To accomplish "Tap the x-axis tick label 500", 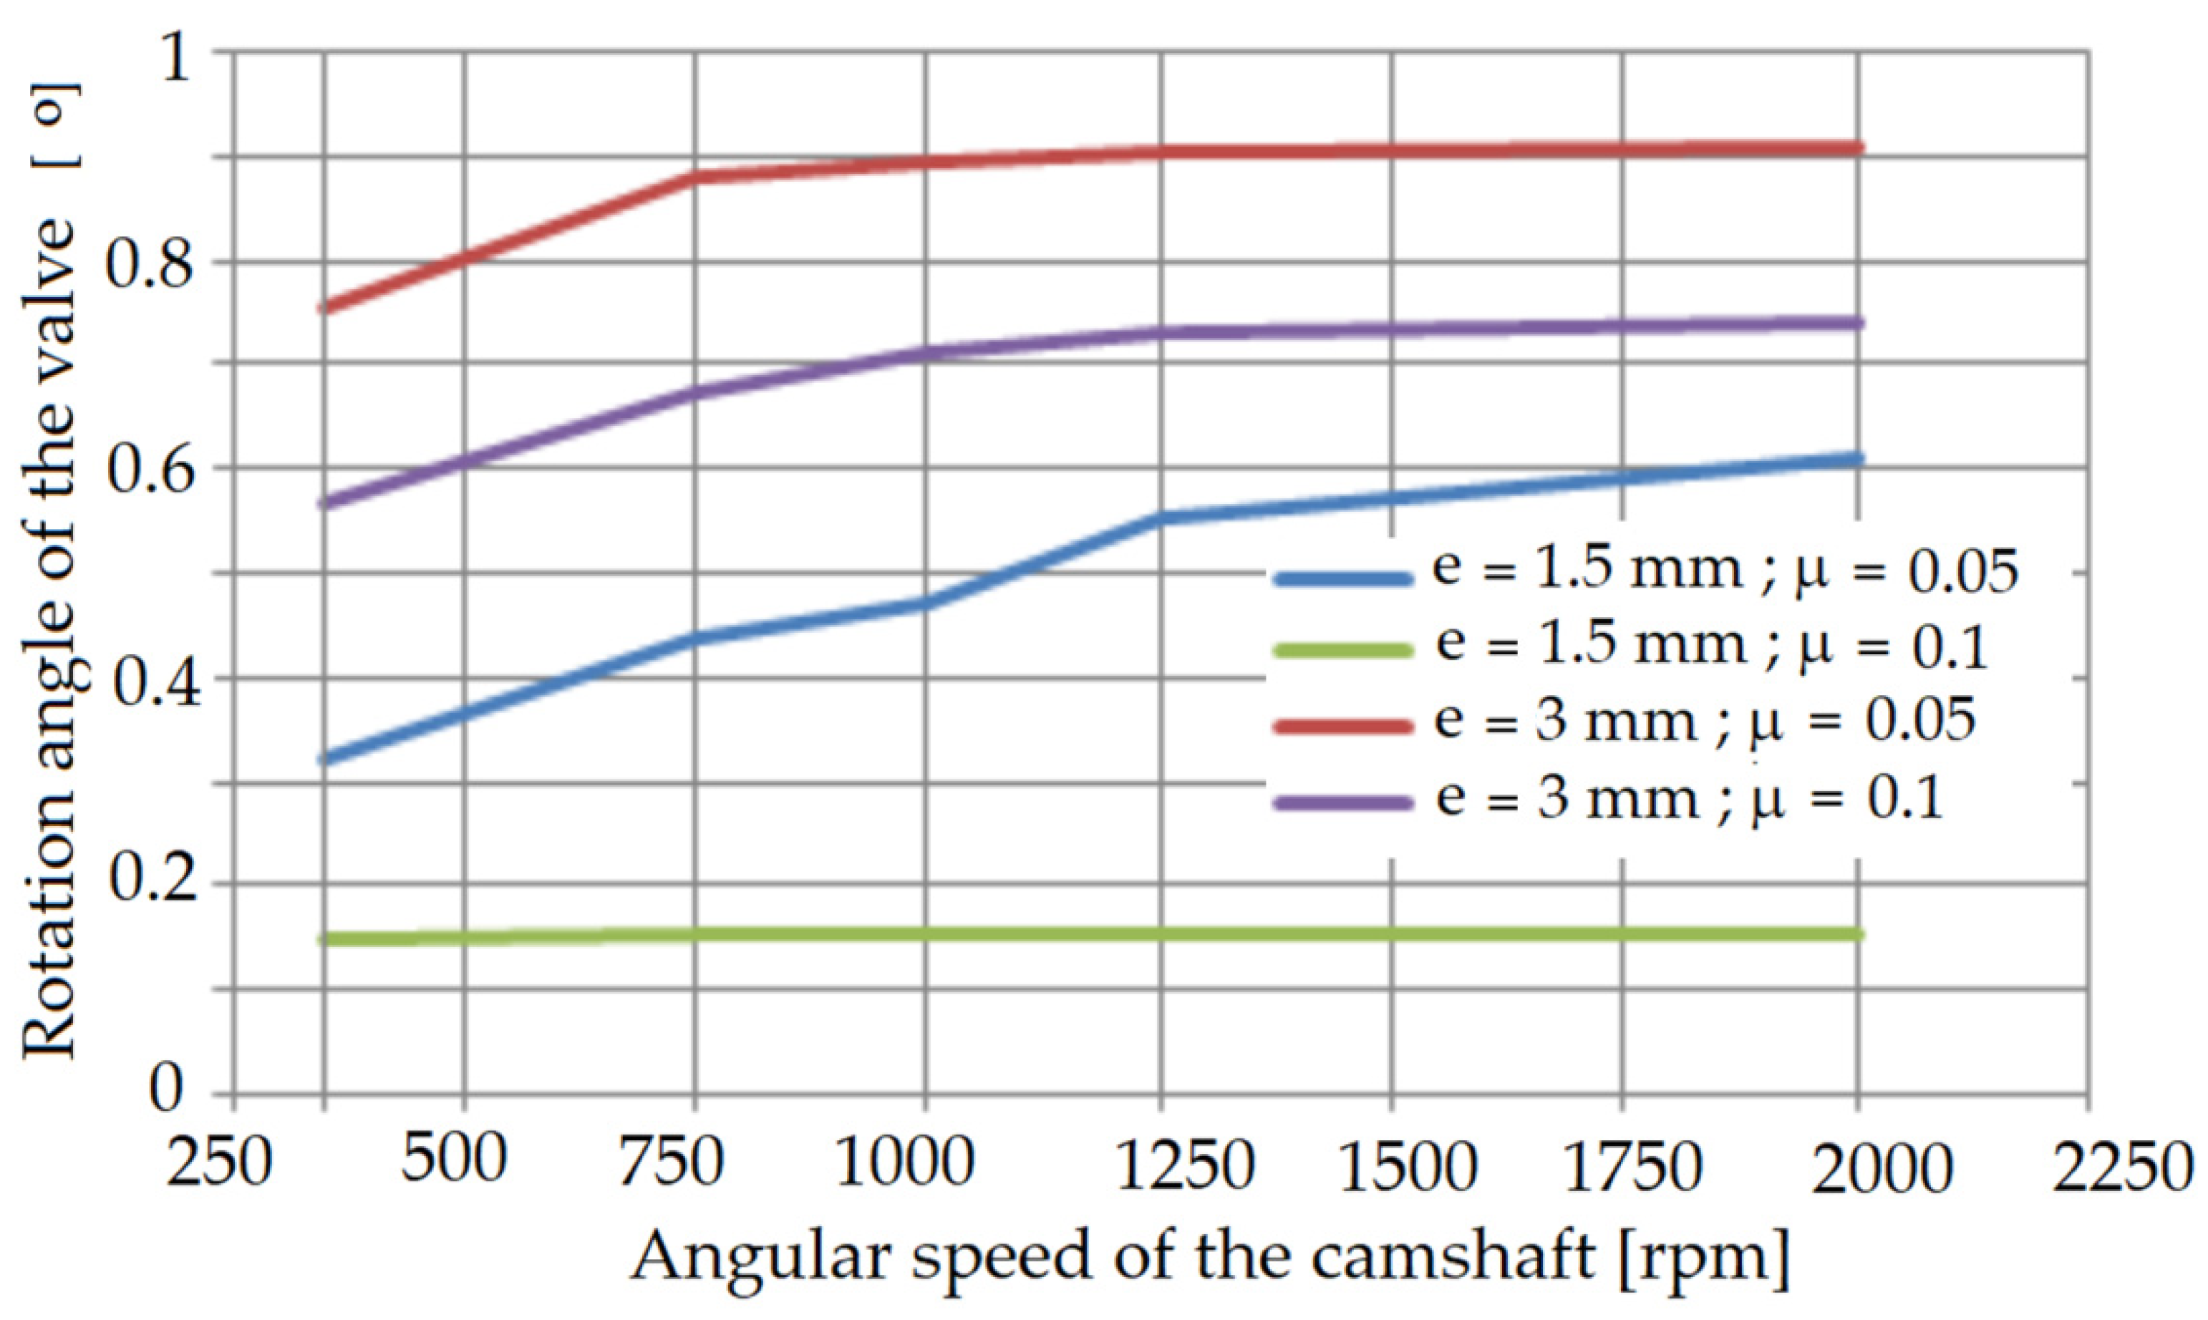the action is [455, 1161].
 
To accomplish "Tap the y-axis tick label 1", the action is [175, 55].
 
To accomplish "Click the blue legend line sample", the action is [1343, 579].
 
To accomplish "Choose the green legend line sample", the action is [1343, 650].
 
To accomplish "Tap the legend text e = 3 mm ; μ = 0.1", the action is [1688, 798].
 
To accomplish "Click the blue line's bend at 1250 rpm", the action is [1162, 518].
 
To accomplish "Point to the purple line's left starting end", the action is [326, 503].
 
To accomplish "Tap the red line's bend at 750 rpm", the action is [697, 177].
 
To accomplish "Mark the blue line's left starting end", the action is [326, 760].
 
